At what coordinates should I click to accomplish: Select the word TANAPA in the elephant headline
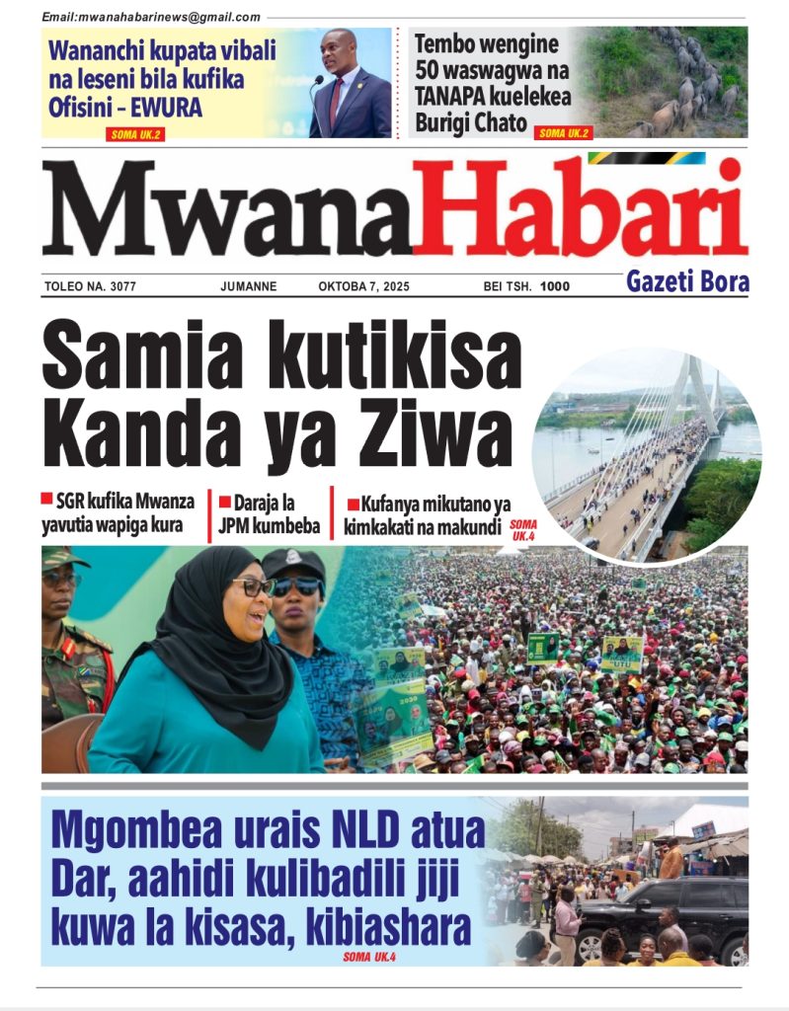[455, 98]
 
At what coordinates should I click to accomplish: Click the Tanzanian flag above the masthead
[646, 158]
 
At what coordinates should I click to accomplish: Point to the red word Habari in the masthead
[579, 208]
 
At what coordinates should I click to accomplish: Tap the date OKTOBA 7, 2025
[363, 287]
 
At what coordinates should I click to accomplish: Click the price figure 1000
[555, 287]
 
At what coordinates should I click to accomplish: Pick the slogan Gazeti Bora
[687, 283]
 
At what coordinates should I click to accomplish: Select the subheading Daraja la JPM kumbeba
[270, 513]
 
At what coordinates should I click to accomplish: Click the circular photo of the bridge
[646, 454]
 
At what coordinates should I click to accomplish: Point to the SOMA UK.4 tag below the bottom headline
[370, 957]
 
